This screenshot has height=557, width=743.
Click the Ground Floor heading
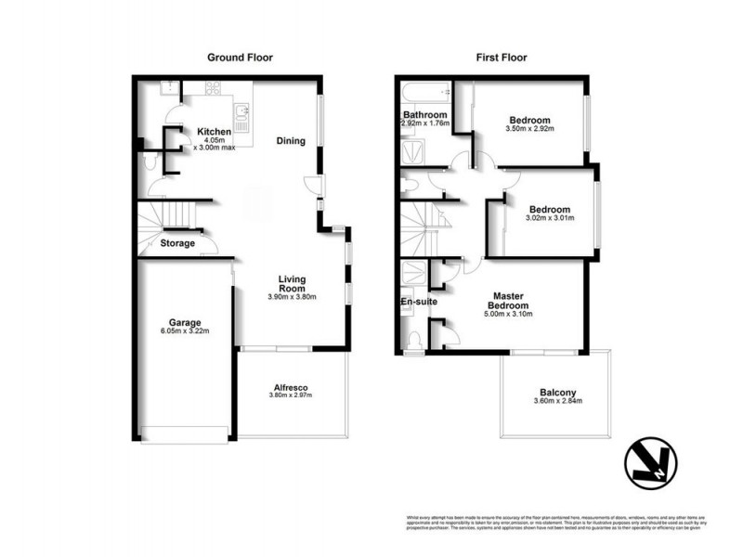pyautogui.click(x=240, y=58)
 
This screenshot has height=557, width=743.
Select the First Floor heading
pyautogui.click(x=502, y=58)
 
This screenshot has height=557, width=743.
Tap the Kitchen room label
pyautogui.click(x=214, y=132)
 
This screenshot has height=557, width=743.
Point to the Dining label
pyautogui.click(x=291, y=141)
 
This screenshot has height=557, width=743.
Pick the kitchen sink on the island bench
pyautogui.click(x=244, y=114)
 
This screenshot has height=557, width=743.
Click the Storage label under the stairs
pyautogui.click(x=177, y=243)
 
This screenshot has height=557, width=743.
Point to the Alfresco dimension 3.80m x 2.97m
pyautogui.click(x=291, y=395)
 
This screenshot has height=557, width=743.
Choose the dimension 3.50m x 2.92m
pyautogui.click(x=530, y=130)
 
